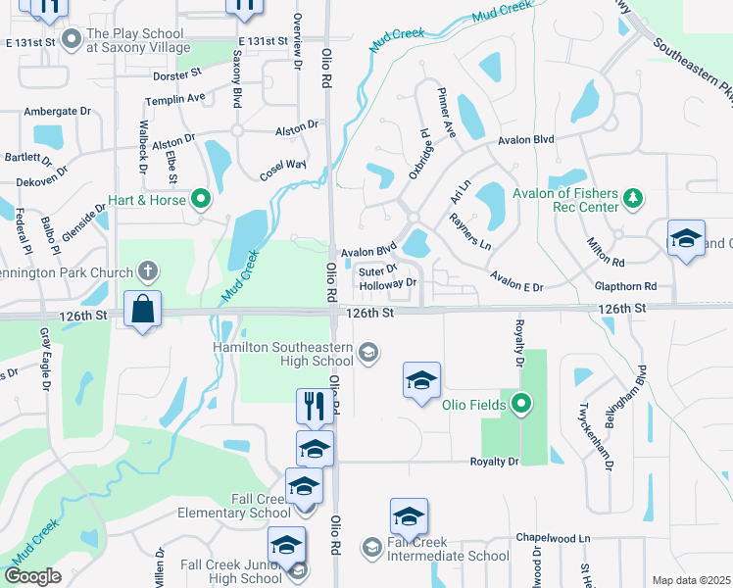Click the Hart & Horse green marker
pos(202,201)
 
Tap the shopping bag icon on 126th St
pos(143,309)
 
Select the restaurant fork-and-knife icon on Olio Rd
pos(314,406)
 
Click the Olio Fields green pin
pos(521,403)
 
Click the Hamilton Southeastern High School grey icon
pos(368,353)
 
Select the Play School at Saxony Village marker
pos(71,39)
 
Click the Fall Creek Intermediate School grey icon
pos(371,546)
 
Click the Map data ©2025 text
pos(690,580)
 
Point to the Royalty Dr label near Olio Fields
pos(493,462)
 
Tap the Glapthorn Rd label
pos(624,286)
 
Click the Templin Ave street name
pos(174,98)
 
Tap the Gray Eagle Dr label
pos(45,359)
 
